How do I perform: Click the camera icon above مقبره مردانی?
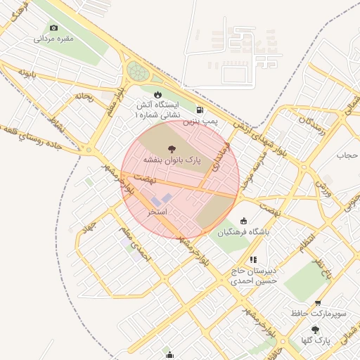tap(54, 27)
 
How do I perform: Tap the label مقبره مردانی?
tap(54, 39)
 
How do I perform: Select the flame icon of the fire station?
tap(157, 94)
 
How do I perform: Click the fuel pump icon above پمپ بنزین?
tap(201, 110)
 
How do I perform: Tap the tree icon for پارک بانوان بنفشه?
tap(172, 148)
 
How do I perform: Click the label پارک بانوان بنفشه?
tap(172, 160)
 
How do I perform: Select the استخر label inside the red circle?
tap(157, 211)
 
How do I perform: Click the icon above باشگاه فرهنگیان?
tap(244, 221)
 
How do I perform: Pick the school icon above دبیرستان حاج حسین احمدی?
tap(253, 259)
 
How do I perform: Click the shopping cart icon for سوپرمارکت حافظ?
tap(318, 303)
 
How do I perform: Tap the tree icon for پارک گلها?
tap(314, 329)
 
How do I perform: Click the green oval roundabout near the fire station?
tap(138, 72)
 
